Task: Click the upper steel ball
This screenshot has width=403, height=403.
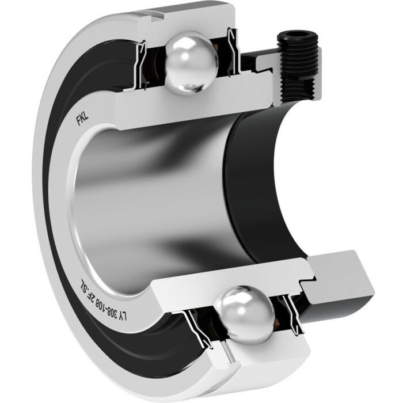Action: click(x=192, y=63)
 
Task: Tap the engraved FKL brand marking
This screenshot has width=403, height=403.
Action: click(x=82, y=119)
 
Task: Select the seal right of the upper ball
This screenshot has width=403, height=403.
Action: click(x=233, y=51)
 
